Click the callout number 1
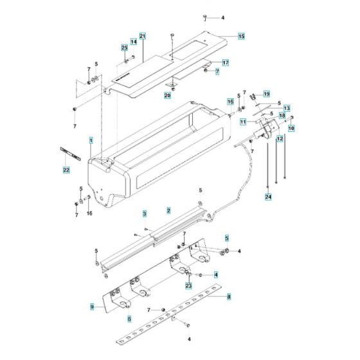pos(91,139)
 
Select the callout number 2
pos(168,210)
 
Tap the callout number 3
pos(145,213)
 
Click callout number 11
pos(243,122)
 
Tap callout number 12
pos(280,138)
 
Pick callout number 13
pos(287,108)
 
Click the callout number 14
pos(134,42)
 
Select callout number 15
pos(241,37)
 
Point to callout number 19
pos(267,94)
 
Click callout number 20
pos(168,96)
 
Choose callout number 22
pos(66,170)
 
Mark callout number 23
pos(188,285)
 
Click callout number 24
pos(268,197)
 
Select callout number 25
pos(125,48)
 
